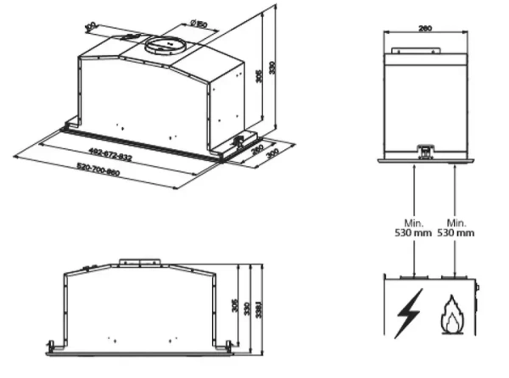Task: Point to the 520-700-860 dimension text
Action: (x=98, y=166)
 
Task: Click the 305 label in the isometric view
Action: (x=256, y=77)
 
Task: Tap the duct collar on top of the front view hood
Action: (x=137, y=262)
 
